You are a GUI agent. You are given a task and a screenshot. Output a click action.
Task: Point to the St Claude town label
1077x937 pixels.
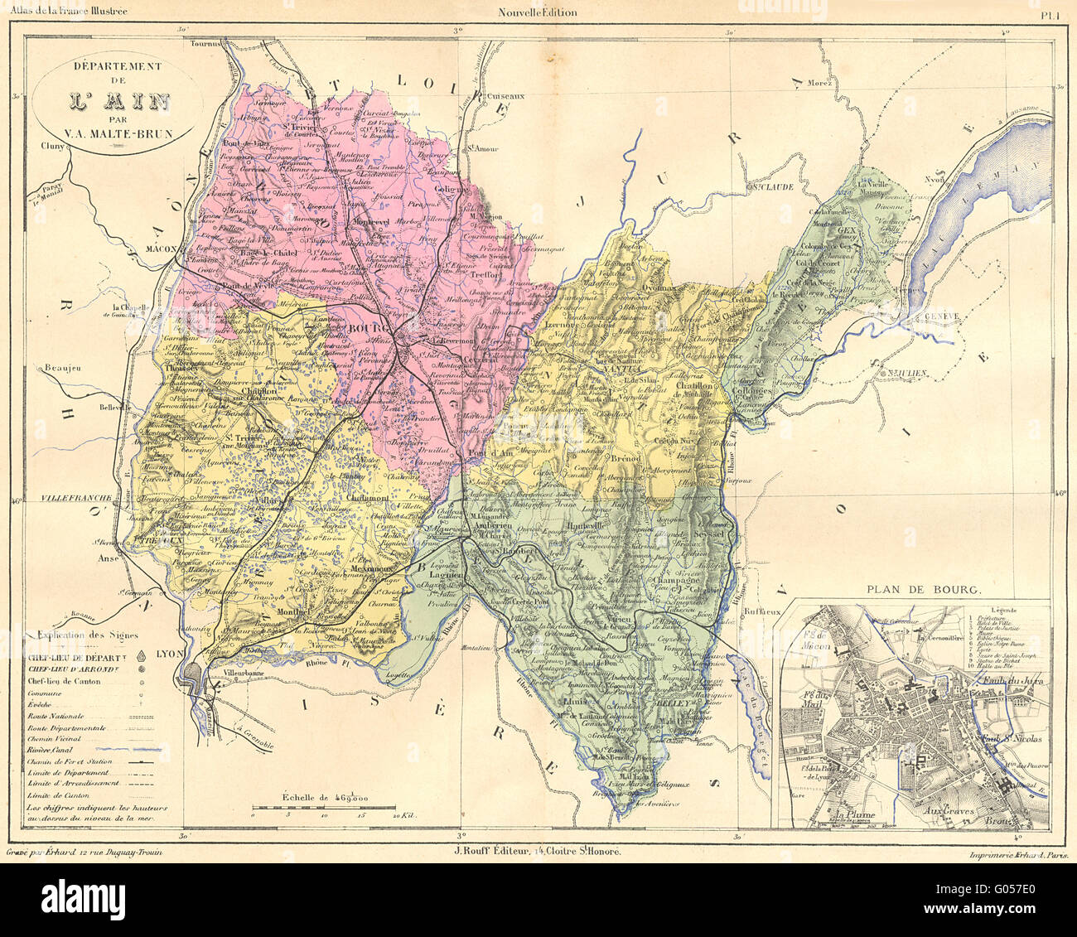pos(770,187)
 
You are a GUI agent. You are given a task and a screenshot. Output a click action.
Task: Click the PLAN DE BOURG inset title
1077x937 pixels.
pos(924,591)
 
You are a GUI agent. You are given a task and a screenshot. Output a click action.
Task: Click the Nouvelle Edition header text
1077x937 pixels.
pos(538,12)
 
